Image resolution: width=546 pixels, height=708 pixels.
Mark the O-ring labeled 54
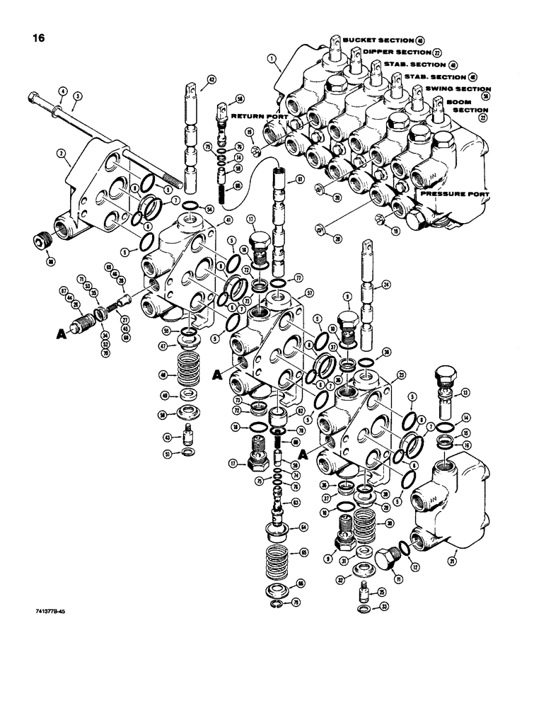tap(189, 206)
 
